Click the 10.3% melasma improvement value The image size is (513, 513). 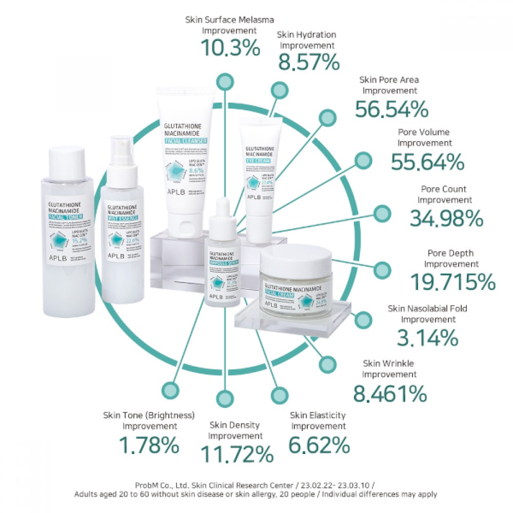tap(230, 48)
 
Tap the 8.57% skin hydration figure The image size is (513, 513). tap(309, 62)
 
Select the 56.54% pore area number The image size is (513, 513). tap(391, 109)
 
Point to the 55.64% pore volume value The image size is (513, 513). tap(427, 162)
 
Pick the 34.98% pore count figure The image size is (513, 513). tap(446, 219)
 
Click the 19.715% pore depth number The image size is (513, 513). tap(453, 282)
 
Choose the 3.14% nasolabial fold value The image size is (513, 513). tap(427, 338)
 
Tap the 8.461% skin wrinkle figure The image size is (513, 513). tap(390, 393)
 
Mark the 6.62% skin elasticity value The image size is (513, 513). tap(319, 444)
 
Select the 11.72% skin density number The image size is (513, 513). tap(236, 454)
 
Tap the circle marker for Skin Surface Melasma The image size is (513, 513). tap(224, 81)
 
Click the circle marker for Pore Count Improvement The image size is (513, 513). tap(382, 213)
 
